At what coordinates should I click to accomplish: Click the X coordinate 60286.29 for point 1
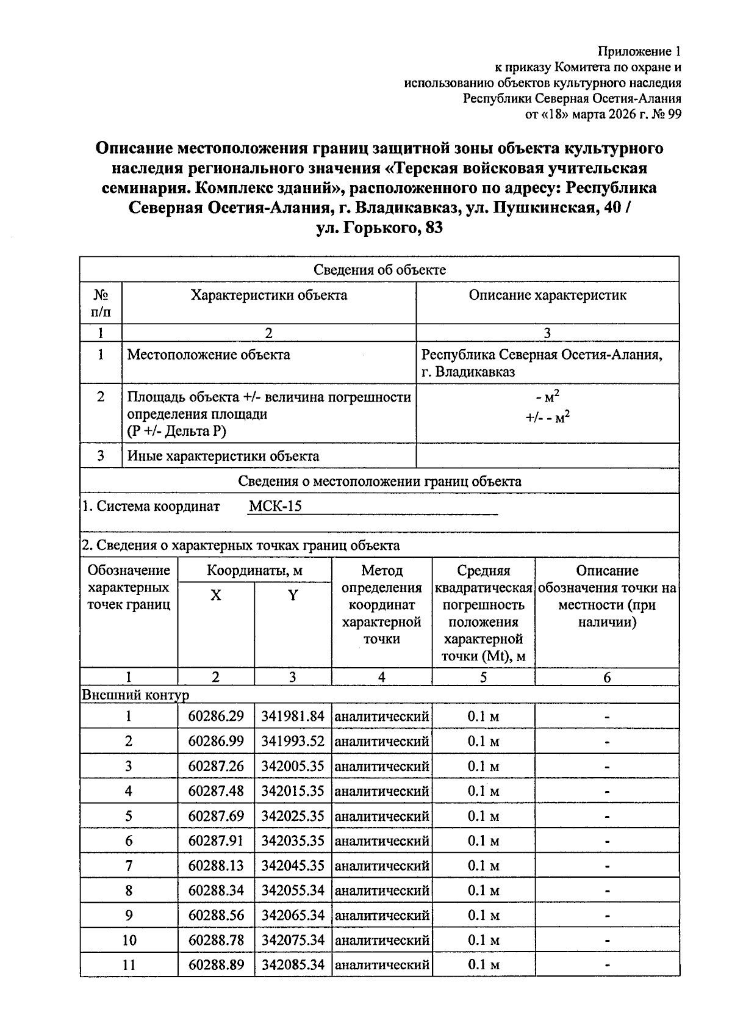[216, 716]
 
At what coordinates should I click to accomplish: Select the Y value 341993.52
[293, 741]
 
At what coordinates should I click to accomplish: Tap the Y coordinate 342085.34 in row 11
[293, 965]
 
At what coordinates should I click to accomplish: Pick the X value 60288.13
[216, 866]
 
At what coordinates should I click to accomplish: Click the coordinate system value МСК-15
[275, 506]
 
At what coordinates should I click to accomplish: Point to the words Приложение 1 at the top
[640, 51]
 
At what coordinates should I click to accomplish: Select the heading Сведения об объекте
[379, 270]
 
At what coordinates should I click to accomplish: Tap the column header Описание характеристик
[547, 295]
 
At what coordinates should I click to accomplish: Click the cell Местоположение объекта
[209, 355]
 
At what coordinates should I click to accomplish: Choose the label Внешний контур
[135, 695]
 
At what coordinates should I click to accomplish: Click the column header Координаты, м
[254, 571]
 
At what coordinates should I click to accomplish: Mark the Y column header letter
[293, 596]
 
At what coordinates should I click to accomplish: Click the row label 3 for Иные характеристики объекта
[101, 456]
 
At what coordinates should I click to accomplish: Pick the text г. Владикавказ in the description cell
[468, 372]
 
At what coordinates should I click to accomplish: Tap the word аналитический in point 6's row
[382, 841]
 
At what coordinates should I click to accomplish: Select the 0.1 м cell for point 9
[483, 915]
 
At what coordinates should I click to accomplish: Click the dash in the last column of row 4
[607, 791]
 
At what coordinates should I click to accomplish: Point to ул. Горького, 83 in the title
[379, 228]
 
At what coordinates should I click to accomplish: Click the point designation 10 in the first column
[129, 940]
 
